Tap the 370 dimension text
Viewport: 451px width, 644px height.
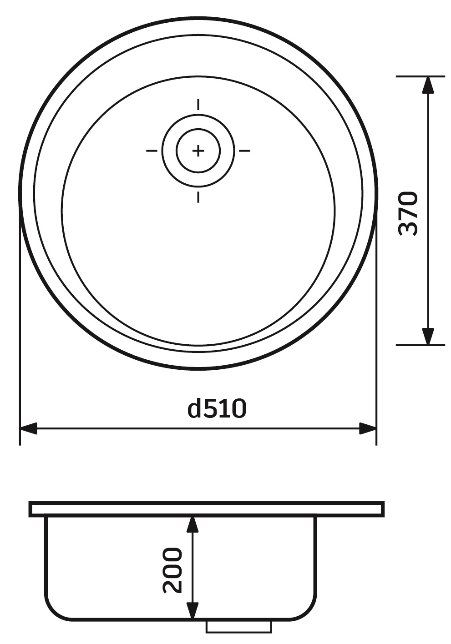tap(408, 213)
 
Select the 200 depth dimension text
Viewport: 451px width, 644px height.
tap(172, 570)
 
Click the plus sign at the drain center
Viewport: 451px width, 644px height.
tap(198, 151)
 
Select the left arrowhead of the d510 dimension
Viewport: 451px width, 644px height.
tap(29, 428)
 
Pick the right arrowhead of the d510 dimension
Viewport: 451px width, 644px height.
tap(367, 428)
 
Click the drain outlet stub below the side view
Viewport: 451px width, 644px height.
tap(238, 626)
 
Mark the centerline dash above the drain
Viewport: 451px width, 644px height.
tap(198, 105)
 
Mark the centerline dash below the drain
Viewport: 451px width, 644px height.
tap(198, 197)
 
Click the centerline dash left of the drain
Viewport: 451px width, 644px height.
tap(152, 151)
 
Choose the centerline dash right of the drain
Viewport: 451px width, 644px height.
tap(244, 151)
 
